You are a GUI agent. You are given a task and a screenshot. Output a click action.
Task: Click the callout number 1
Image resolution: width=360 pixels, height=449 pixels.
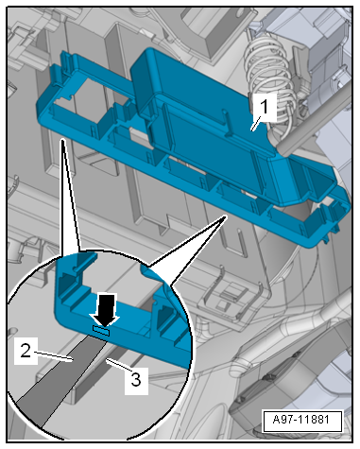[x=265, y=107]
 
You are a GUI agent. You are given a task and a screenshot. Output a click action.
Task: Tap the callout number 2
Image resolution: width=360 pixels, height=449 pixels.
[x=26, y=351]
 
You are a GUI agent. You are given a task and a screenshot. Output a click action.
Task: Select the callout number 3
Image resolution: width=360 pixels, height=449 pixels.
[x=136, y=380]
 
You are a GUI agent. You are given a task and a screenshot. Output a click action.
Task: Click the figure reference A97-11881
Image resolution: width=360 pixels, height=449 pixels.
[x=301, y=420]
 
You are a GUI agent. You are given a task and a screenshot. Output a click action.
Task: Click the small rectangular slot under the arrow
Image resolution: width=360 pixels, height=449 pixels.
[x=101, y=331]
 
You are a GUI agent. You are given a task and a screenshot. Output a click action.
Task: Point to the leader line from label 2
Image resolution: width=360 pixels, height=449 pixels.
[x=53, y=356]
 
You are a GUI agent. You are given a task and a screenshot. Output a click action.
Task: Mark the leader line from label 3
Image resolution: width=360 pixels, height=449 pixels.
[x=117, y=366]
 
